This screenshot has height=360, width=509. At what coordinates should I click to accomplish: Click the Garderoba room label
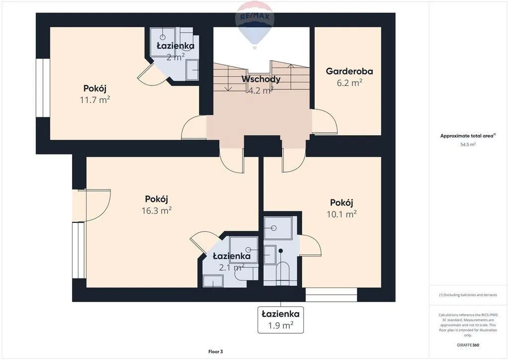tap(349, 71)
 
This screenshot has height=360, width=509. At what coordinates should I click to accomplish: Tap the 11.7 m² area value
tap(95, 99)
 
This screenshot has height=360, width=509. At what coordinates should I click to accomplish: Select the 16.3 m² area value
tap(157, 210)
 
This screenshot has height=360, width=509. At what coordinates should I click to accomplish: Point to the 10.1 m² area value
tap(341, 214)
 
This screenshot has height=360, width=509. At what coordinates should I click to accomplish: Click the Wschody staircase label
tap(260, 79)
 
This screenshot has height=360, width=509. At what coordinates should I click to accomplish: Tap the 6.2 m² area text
tap(349, 83)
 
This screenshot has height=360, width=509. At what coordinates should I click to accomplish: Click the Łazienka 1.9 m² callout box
tap(280, 320)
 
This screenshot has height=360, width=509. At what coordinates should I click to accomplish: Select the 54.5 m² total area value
tap(468, 145)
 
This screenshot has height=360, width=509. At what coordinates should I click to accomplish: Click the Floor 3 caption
tap(216, 352)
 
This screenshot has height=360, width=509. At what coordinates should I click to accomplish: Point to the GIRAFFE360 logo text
tap(468, 345)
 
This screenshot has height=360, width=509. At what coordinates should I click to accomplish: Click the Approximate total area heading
tap(468, 136)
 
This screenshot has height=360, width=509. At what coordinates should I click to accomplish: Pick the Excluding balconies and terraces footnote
tap(468, 295)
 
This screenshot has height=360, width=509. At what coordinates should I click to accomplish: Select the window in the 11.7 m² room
tap(43, 88)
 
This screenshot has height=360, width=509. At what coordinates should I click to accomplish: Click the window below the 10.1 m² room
tap(332, 294)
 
